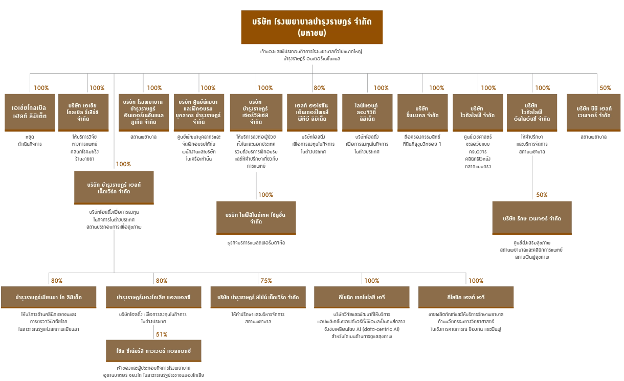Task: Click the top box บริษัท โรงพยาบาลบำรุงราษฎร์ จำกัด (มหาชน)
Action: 311,27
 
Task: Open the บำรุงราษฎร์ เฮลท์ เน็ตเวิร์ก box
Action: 114,187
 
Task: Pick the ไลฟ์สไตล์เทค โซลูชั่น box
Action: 256,218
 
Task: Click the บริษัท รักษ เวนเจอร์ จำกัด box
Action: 531,218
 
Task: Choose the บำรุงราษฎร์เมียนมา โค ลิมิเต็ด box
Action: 49,298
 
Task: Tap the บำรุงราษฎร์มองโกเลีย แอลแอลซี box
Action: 153,298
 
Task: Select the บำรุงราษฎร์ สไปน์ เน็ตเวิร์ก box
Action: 258,298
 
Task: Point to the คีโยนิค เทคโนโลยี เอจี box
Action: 362,298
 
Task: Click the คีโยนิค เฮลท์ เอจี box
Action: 466,298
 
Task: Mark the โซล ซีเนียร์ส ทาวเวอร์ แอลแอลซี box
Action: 153,351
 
